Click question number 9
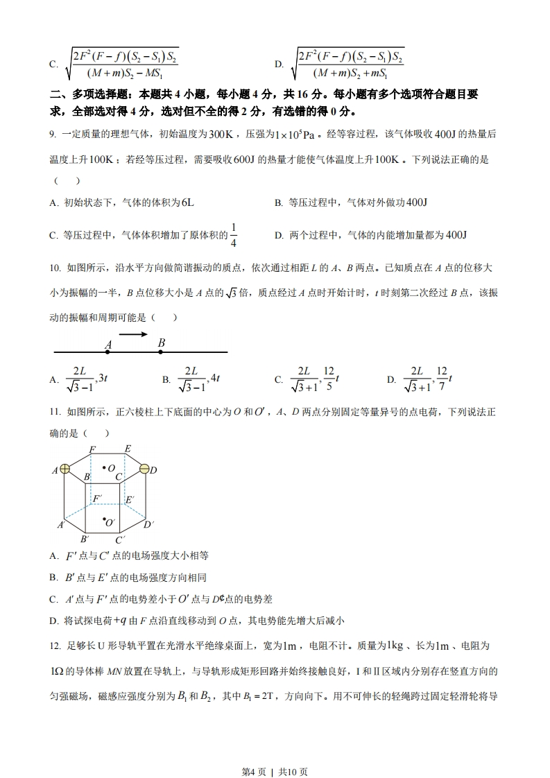point(53,134)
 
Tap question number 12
point(55,646)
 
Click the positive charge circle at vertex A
point(65,469)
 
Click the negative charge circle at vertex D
point(144,470)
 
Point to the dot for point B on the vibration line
point(161,352)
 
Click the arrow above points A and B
point(133,335)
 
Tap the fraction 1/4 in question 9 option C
point(233,235)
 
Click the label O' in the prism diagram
point(110,522)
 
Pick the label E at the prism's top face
point(128,449)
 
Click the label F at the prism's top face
point(92,450)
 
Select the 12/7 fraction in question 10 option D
point(442,378)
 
